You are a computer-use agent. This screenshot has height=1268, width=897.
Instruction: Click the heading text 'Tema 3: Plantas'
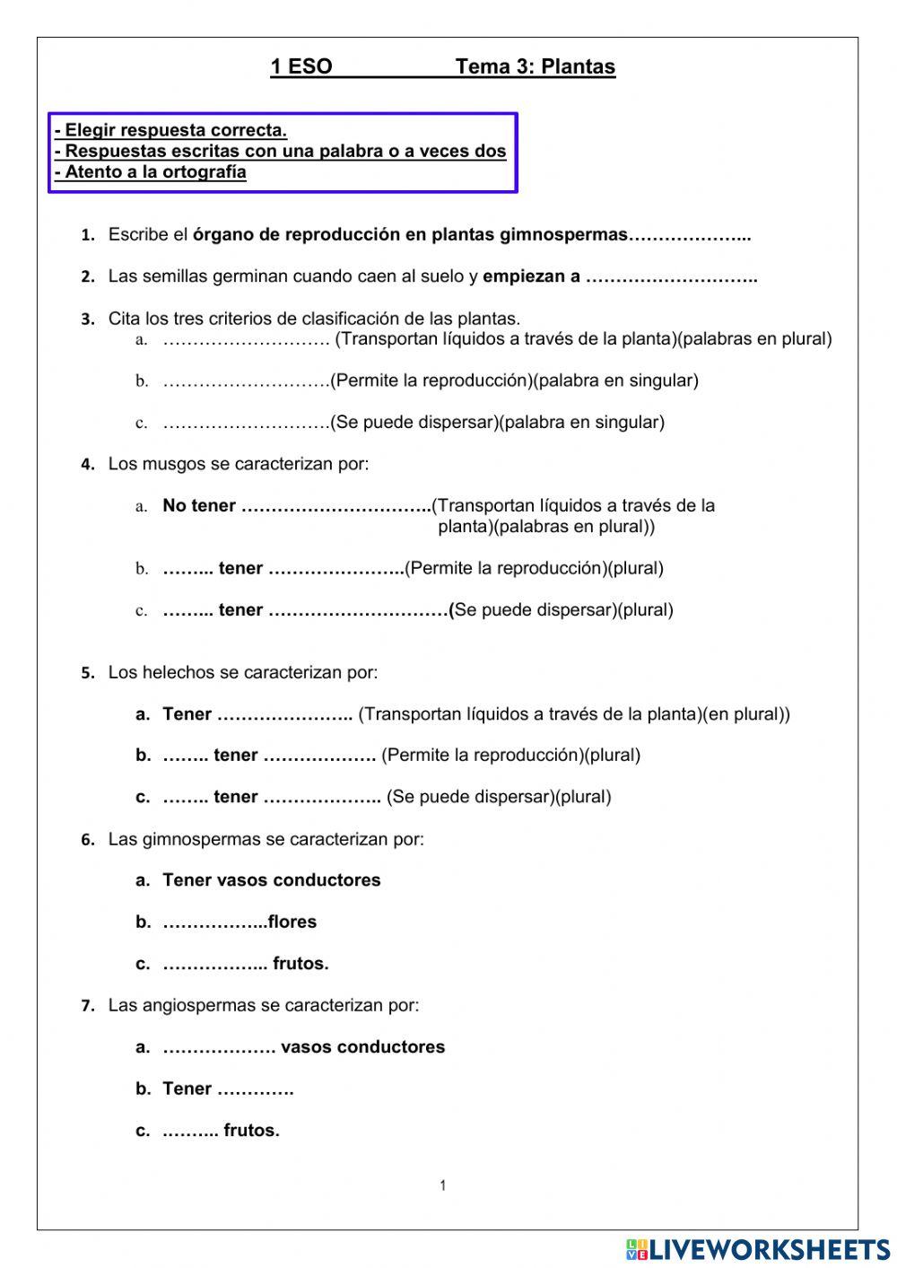[535, 66]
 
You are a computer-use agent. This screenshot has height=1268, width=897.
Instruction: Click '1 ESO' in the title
[301, 66]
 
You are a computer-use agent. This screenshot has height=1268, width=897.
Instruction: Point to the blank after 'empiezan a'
[671, 277]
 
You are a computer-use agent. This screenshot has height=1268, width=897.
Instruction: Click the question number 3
[88, 319]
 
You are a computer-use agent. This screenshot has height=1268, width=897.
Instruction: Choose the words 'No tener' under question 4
[199, 506]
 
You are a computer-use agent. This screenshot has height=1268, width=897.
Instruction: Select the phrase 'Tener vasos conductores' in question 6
[271, 880]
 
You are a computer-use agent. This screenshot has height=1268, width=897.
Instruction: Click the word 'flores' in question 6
[292, 922]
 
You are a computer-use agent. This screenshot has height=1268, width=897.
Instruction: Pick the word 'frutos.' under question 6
[300, 964]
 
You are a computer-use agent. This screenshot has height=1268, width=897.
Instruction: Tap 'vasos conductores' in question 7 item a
[362, 1047]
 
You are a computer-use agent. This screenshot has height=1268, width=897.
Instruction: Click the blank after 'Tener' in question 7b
[256, 1089]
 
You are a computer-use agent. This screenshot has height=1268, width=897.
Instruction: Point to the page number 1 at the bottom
[442, 1185]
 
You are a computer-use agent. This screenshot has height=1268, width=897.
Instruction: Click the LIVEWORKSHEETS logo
[758, 1249]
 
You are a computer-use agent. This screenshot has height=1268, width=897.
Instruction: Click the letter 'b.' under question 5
[144, 756]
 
